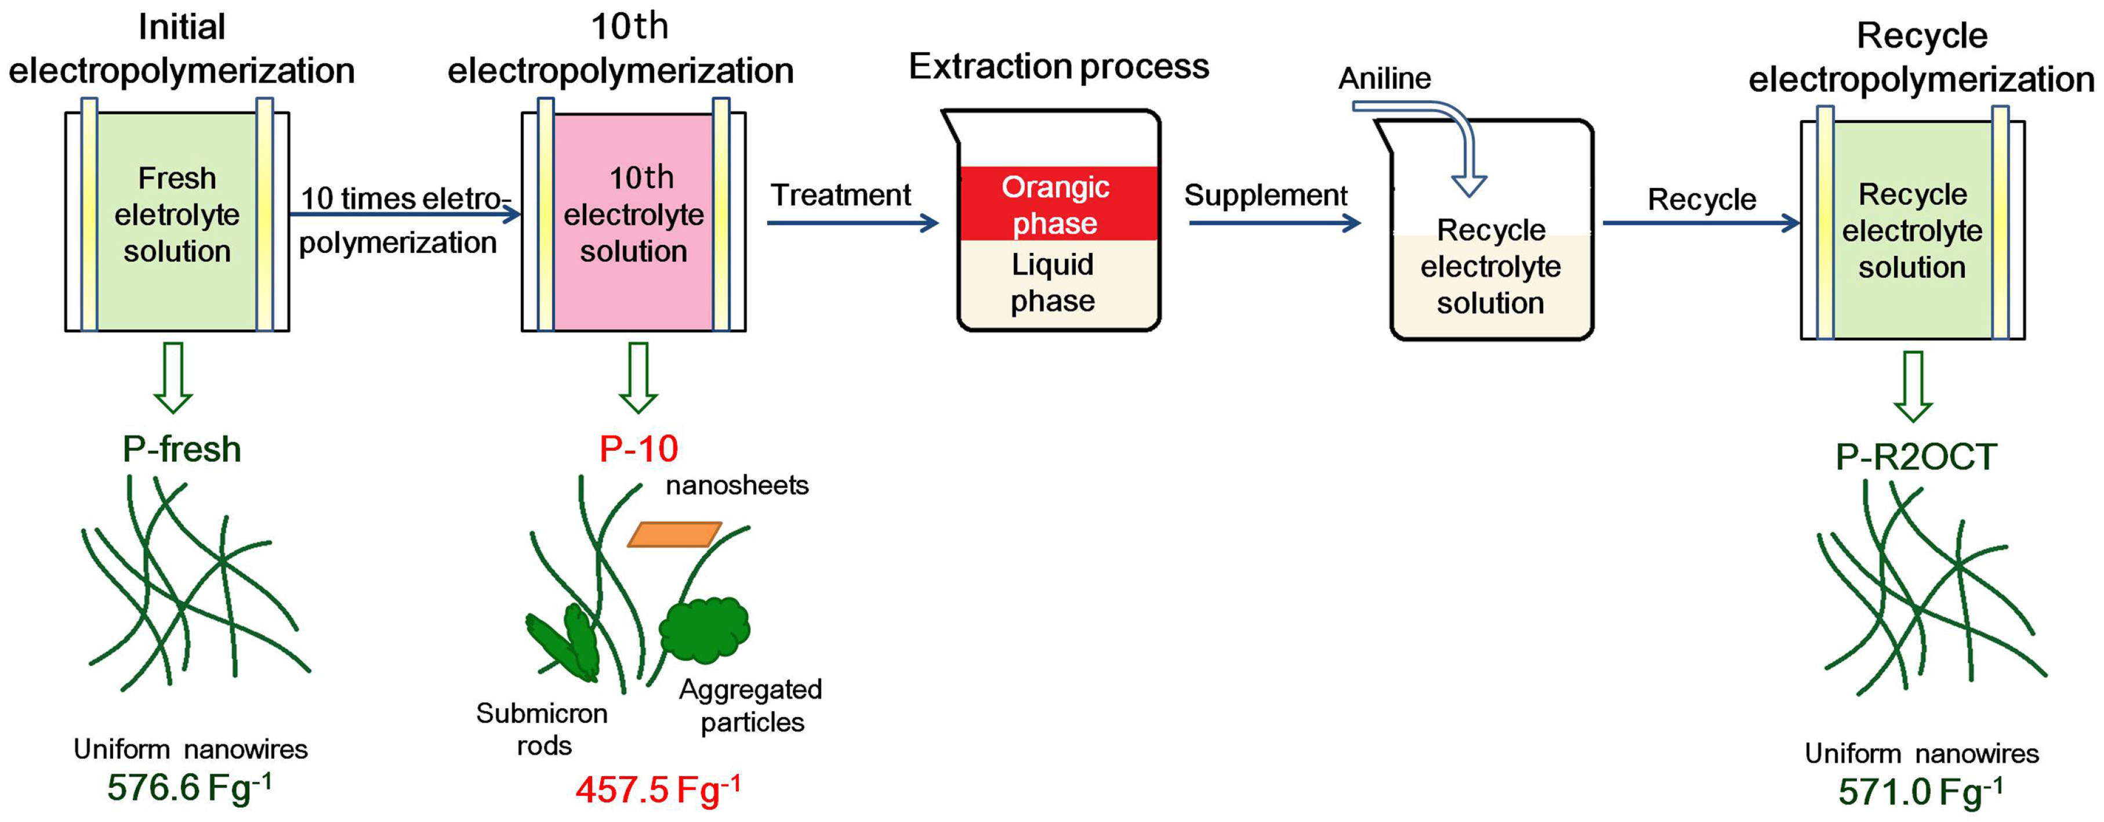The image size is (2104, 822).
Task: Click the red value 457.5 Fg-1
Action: click(x=658, y=790)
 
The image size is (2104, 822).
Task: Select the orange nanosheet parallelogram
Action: click(x=674, y=534)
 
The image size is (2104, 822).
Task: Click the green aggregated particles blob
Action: click(x=704, y=629)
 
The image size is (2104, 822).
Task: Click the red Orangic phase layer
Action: click(x=1058, y=204)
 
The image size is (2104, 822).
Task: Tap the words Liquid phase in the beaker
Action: click(x=1052, y=283)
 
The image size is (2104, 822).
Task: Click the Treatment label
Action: click(x=840, y=195)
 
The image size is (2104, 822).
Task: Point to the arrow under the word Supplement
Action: click(x=1274, y=222)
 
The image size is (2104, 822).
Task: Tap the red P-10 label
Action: click(x=638, y=448)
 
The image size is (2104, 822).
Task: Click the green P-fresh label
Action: click(x=182, y=448)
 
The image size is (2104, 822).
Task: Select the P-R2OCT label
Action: click(x=1916, y=457)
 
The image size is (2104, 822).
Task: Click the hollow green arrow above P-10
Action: click(x=638, y=378)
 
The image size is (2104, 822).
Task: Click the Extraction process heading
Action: click(x=1058, y=66)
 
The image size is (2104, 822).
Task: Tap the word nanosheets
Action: click(x=737, y=486)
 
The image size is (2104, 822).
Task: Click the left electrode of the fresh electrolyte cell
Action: click(x=89, y=215)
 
